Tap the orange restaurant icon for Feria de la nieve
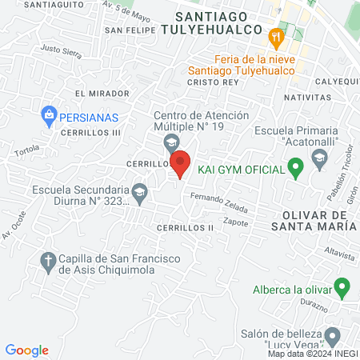[x=276, y=37]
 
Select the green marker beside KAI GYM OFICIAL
[x=295, y=169]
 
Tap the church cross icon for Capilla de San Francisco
[x=48, y=261]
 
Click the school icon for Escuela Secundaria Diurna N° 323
[x=139, y=192]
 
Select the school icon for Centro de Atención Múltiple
[x=170, y=143]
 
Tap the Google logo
[x=27, y=350]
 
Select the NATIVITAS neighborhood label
[x=306, y=97]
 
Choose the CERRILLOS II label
[x=185, y=227]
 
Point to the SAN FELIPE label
[x=130, y=31]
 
